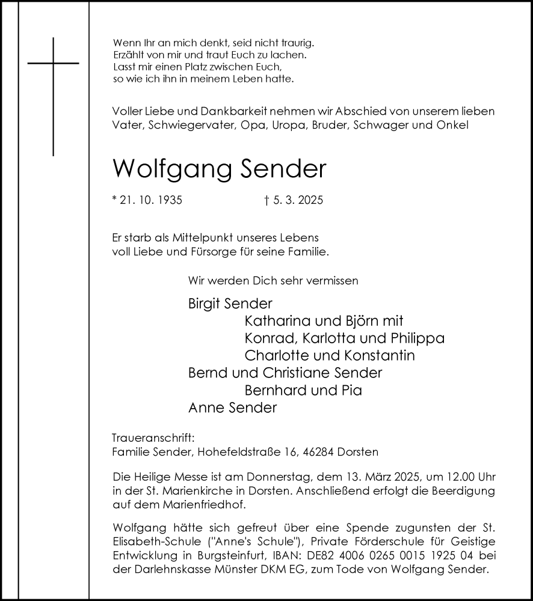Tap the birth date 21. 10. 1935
tap(150, 200)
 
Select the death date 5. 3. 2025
tap(297, 200)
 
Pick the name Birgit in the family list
tap(203, 304)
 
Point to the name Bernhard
tap(276, 391)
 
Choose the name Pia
tap(353, 391)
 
